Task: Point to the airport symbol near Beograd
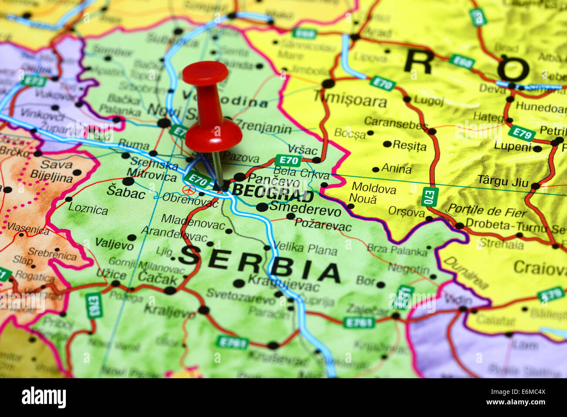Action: coord(189,190)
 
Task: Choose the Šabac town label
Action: coord(126,192)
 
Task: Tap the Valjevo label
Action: coord(114,244)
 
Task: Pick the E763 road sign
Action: coord(93,305)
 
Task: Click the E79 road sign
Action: coord(522,133)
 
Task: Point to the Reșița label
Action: coord(409,145)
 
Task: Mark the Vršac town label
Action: coord(303,149)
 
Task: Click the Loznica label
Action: coord(88,209)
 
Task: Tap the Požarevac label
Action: coord(323,225)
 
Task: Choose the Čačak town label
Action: coord(157,278)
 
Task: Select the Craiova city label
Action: coord(540,268)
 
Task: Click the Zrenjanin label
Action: coord(263,128)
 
